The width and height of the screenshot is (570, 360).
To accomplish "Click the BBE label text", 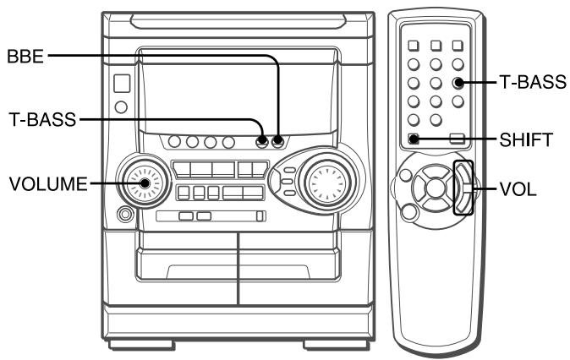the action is point(25,57).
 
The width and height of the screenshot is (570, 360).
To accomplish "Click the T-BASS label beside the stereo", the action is point(42,119).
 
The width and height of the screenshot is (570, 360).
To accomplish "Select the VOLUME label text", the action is point(48,184).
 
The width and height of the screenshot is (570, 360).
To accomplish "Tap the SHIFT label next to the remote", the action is point(526,139).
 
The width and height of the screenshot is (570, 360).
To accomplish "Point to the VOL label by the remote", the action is point(518,189).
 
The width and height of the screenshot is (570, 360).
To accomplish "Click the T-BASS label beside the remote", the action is point(533,82).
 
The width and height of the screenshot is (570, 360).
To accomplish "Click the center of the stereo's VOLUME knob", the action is point(145,183).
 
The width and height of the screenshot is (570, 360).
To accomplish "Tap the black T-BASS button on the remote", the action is point(458,83).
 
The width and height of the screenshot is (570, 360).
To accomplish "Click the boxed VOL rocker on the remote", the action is point(463,188).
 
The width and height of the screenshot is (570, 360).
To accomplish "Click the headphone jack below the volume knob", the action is point(125,214).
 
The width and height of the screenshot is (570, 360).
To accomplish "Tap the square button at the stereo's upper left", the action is point(122,84).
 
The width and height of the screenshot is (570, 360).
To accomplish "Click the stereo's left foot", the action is point(141,344).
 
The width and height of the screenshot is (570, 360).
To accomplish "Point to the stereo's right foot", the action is point(334,344).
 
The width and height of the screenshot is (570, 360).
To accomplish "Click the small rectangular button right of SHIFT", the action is point(457,139).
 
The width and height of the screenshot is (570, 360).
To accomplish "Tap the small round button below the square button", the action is point(121,106).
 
